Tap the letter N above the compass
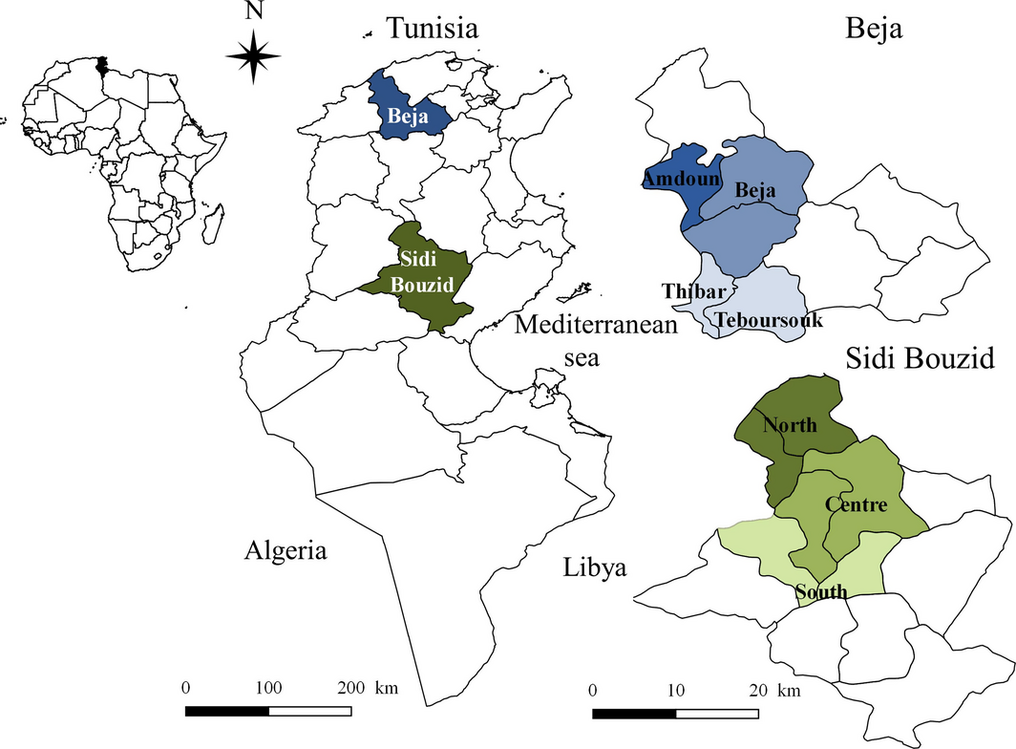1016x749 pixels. point(253,12)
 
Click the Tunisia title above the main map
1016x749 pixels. point(432,29)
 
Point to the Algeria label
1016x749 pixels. point(286,550)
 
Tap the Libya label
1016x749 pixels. point(594,567)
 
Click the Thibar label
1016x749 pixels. point(696,290)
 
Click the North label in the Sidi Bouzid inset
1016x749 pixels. point(790,424)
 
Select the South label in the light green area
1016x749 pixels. point(821,592)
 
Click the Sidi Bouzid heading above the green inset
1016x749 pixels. point(921,359)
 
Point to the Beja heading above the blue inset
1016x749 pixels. point(875,30)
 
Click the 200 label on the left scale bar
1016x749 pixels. point(351,688)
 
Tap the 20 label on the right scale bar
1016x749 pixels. point(758,690)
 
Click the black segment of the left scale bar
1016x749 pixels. point(227,712)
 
